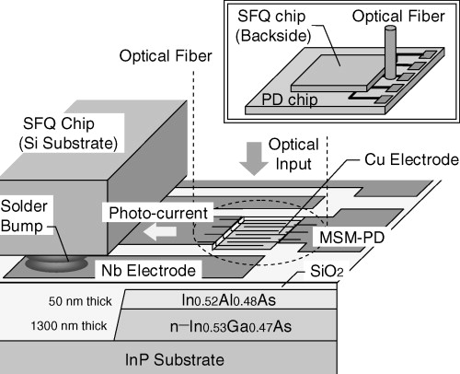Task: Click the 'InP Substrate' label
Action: click(x=229, y=356)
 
